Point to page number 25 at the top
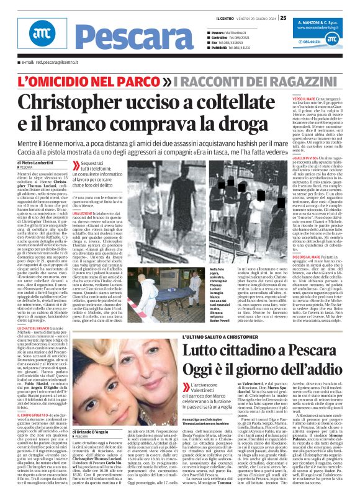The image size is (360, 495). (x=282, y=18)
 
